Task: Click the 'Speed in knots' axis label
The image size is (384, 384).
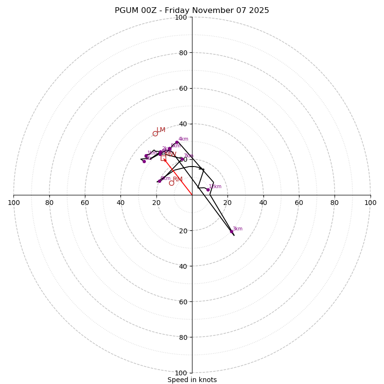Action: [192, 380]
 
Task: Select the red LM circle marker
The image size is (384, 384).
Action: [155, 133]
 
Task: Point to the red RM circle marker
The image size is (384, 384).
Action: [171, 183]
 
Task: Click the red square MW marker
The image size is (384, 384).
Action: [163, 157]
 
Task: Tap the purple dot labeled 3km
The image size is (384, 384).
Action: [231, 231]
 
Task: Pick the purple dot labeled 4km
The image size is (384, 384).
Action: [177, 142]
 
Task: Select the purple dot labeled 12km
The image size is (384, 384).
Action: [208, 190]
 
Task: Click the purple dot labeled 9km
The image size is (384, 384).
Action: [159, 181]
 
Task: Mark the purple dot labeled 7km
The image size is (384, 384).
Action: [181, 159]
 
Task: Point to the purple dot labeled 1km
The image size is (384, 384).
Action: [146, 156]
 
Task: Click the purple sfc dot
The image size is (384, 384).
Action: [144, 161]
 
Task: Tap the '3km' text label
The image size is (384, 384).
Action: [238, 229]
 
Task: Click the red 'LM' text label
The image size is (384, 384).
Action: [161, 130]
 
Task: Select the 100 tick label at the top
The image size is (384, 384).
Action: [181, 17]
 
